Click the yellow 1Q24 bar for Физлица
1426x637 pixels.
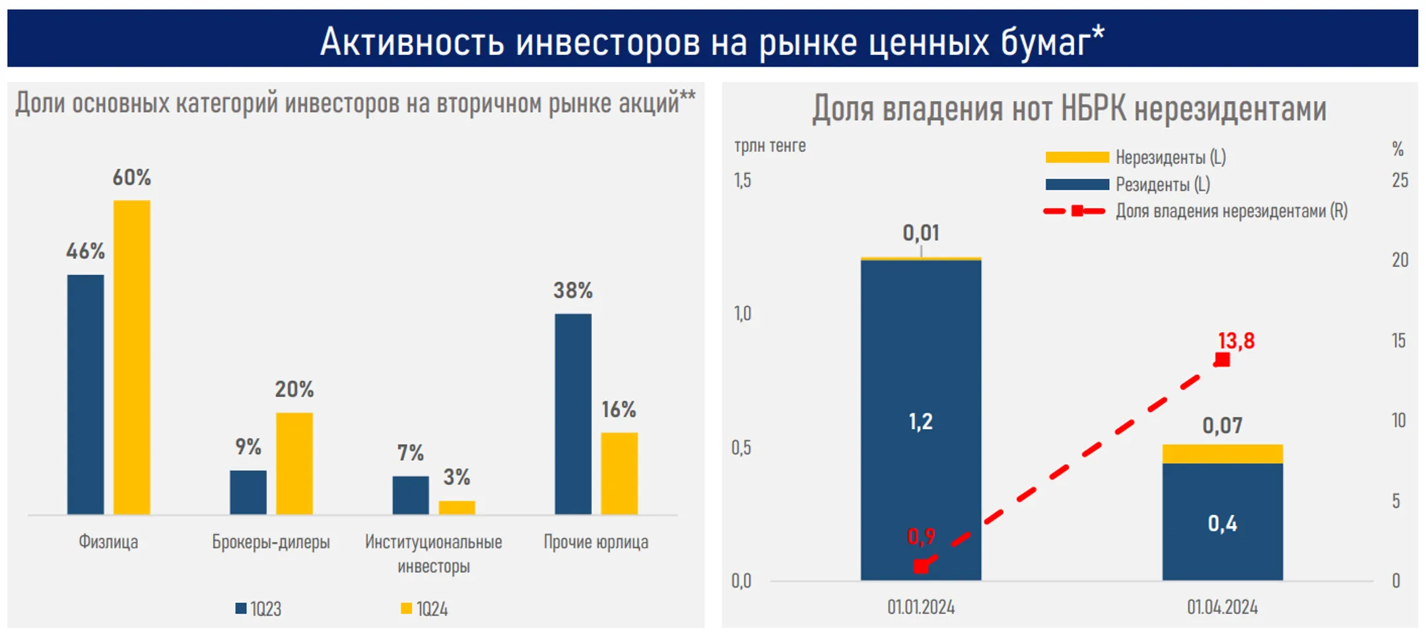(x=131, y=356)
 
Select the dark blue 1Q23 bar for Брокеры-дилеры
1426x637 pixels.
(x=248, y=492)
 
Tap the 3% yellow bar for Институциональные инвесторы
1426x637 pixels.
(x=457, y=507)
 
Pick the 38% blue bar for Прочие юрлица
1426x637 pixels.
(x=573, y=413)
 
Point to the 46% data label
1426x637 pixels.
(x=85, y=251)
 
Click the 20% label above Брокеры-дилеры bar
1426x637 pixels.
(x=294, y=389)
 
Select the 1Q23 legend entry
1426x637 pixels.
(x=258, y=609)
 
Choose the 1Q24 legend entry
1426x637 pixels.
(x=424, y=609)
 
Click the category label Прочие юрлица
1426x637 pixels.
(x=595, y=542)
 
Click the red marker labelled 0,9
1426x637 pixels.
(x=921, y=566)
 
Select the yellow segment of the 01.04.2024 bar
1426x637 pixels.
(x=1222, y=454)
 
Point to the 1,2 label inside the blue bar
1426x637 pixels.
(x=920, y=421)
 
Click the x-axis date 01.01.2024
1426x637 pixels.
(x=920, y=607)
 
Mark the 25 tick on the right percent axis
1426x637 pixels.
(x=1400, y=180)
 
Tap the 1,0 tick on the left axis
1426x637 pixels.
(x=743, y=314)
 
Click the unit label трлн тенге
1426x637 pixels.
(x=770, y=146)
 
